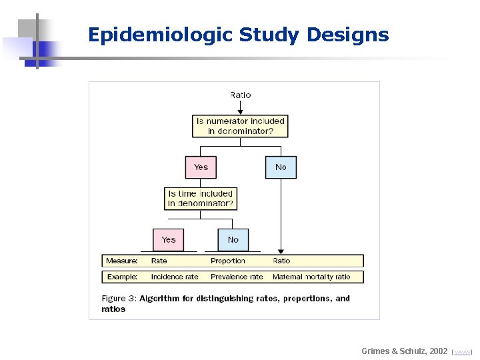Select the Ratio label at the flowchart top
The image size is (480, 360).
[x=241, y=95]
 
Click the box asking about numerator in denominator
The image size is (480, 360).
[x=240, y=126]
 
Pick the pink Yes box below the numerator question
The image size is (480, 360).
[x=201, y=167]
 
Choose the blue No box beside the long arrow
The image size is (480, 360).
[x=281, y=167]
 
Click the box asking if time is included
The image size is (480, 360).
[x=201, y=199]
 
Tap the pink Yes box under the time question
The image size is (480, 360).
[x=169, y=240]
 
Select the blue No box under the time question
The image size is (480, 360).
[x=233, y=240]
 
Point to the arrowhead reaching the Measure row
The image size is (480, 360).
[x=281, y=251]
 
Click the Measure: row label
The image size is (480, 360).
[x=122, y=261]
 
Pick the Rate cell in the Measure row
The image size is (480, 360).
[x=159, y=261]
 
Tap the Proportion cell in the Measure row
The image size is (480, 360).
[x=228, y=261]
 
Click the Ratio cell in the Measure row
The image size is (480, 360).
[x=281, y=261]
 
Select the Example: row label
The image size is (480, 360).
[x=122, y=277]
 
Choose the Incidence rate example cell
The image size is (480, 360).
[x=175, y=277]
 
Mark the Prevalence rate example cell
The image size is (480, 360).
[x=237, y=277]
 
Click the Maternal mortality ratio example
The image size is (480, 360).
[x=311, y=277]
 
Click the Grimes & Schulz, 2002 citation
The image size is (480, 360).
[x=405, y=351]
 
